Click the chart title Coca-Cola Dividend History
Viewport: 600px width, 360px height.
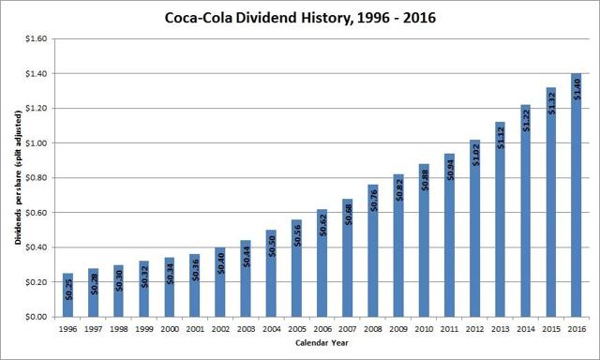299,17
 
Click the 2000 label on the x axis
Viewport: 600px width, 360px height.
170,330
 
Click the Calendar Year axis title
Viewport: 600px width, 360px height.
319,346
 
